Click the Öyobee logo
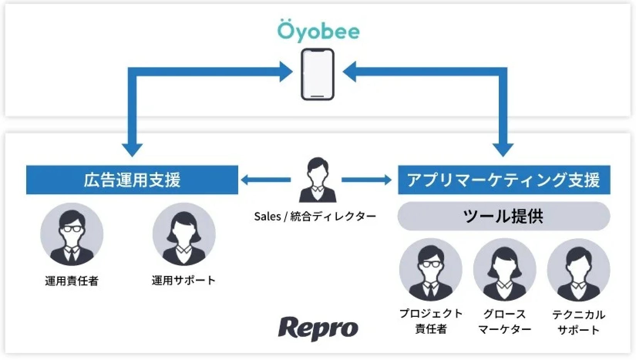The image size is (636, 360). pos(318,30)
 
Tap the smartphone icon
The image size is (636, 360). pos(317,74)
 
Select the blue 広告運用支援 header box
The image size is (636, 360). pos(132,180)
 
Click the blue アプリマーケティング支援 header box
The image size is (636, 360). pos(504,180)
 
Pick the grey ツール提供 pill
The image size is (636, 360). pos(504,216)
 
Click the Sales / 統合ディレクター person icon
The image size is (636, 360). pos(318,180)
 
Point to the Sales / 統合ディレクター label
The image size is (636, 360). pos(315,217)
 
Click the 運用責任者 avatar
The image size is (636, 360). pos(72,234)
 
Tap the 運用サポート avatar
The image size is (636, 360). pos(184,234)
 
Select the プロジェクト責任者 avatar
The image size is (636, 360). pos(431,270)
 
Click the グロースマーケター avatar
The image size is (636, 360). pos(505,270)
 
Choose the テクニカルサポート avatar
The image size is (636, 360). pos(578,270)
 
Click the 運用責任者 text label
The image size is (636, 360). pos(72,281)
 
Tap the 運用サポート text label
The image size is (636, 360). pos(183,280)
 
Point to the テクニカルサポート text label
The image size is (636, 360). pos(579,322)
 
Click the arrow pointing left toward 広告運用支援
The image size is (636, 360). pos(265,180)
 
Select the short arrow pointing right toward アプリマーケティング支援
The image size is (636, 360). pos(367,180)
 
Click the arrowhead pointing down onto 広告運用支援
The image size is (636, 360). pos(132,150)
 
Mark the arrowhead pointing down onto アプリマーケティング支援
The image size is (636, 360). pos(503,150)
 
